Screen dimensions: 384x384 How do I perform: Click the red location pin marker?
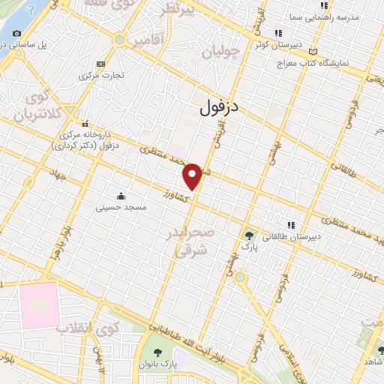coord(193,175)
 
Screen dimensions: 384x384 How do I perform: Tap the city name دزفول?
coord(220,108)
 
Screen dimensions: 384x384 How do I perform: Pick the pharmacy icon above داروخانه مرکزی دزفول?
coord(85,124)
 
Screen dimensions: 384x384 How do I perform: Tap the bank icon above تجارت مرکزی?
coord(100,64)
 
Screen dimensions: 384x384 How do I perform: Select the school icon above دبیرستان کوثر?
coord(278,33)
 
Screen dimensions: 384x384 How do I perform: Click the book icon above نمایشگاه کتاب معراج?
coord(313,52)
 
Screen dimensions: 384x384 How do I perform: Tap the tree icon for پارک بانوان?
coord(157,352)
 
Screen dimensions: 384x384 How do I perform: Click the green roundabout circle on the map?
coord(240,277)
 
